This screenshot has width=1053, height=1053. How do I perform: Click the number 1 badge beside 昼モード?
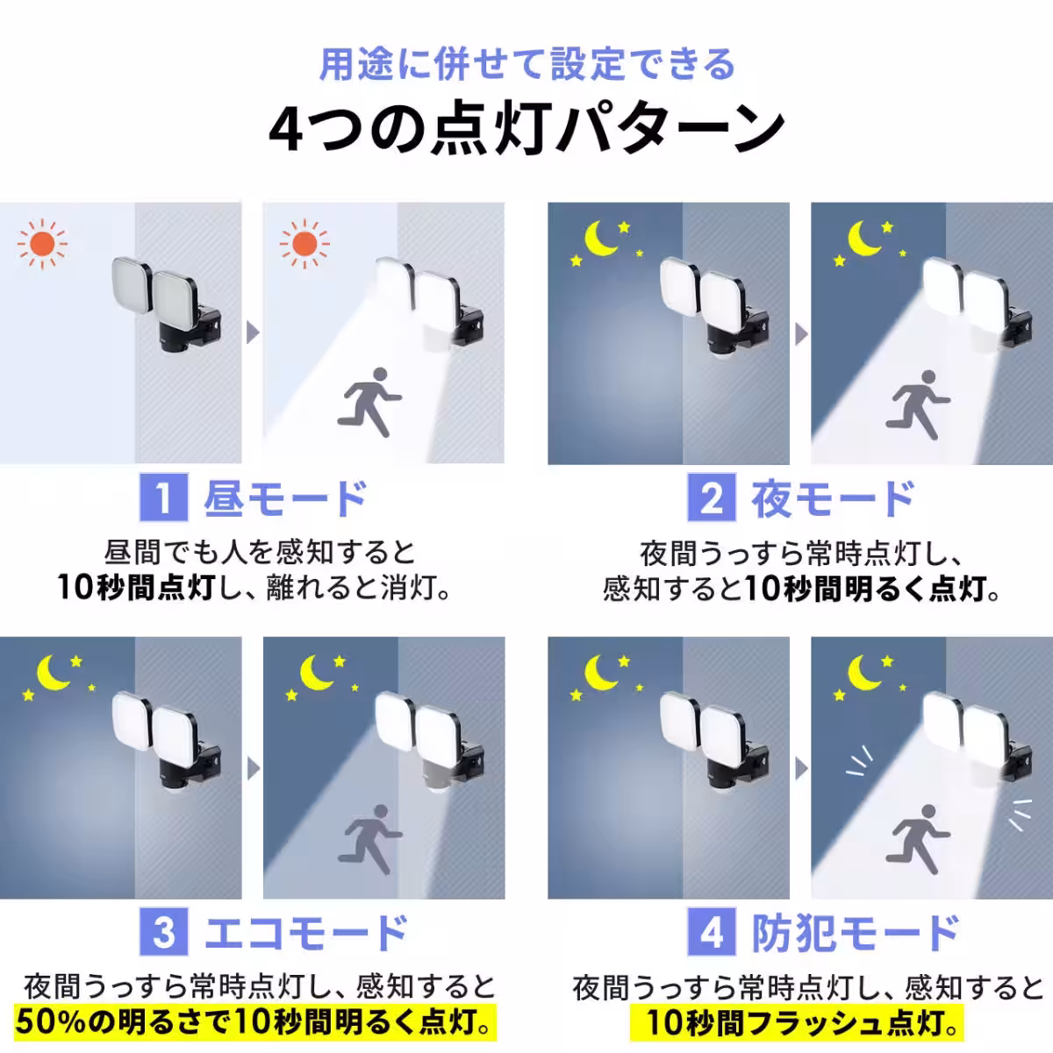[163, 498]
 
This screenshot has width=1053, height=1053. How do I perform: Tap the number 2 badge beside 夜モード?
[711, 498]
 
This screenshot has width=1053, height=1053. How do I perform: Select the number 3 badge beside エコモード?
[163, 932]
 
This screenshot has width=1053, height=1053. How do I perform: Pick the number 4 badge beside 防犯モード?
[711, 932]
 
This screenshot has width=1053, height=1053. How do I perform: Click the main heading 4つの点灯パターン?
[526, 129]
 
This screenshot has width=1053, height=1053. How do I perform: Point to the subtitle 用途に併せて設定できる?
[526, 65]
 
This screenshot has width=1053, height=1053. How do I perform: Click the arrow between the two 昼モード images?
[253, 333]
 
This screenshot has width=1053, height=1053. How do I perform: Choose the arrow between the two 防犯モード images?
[799, 767]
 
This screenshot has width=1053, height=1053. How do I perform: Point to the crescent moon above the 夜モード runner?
[865, 237]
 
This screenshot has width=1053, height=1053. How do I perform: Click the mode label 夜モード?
[832, 498]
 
